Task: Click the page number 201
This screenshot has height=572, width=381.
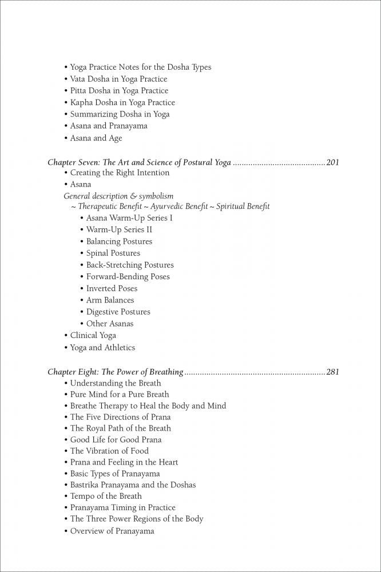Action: coord(332,162)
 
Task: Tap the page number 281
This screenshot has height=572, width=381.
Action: coord(332,372)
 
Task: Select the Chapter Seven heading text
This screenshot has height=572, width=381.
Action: coord(139,162)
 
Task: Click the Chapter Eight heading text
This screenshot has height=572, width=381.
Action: coord(115,372)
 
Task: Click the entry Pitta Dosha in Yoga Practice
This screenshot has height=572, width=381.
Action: coord(119,90)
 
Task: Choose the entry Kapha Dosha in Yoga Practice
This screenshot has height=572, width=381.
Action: coord(122,102)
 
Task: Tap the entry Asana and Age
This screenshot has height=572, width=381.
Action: coord(96,138)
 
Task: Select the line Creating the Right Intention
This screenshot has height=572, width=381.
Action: coord(120,173)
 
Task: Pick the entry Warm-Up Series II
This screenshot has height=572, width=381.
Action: coord(119,229)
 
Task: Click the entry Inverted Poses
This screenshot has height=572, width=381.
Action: coord(112,288)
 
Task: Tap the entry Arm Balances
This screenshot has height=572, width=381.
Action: coord(110,300)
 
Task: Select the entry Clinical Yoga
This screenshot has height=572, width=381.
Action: coord(93,335)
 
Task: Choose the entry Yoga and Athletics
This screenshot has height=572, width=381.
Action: coord(102,347)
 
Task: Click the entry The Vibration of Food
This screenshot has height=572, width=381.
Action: coord(109,451)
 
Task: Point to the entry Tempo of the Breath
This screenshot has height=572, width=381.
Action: coord(106,496)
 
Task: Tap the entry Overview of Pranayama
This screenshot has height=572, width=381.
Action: coord(112,531)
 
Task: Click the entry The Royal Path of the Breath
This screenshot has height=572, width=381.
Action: coord(120,428)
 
